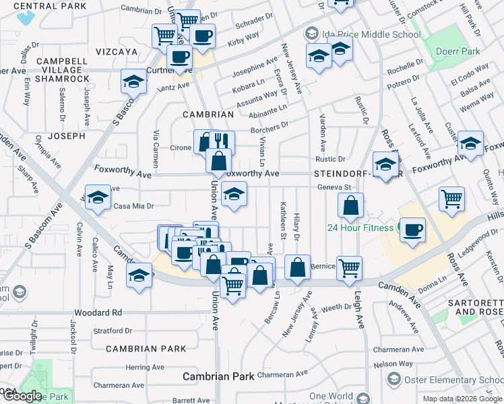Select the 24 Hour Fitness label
click(x=360, y=228)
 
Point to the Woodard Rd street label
click(x=98, y=312)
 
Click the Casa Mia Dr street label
click(x=134, y=206)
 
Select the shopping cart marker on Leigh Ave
click(x=349, y=268)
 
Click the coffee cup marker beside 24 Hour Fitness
click(x=412, y=229)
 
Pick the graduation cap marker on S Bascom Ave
click(x=134, y=81)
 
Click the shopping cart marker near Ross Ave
click(x=451, y=198)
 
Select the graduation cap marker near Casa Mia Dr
click(x=98, y=198)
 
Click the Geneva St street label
click(x=335, y=187)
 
